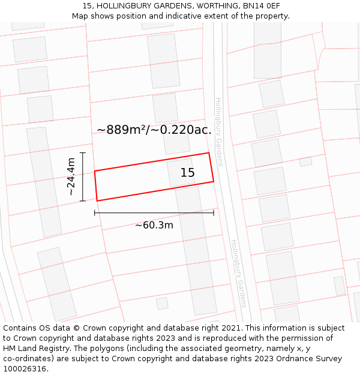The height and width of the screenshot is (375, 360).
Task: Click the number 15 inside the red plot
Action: tap(188, 173)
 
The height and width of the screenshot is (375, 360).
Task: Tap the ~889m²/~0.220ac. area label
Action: tap(154, 130)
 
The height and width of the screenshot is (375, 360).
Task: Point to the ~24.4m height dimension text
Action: tap(71, 176)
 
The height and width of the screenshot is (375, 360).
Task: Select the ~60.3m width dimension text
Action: tap(154, 225)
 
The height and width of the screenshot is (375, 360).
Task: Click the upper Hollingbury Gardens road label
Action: tap(219, 132)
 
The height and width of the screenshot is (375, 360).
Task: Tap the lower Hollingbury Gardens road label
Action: tap(239, 274)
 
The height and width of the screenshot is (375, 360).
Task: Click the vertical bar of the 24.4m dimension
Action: tap(83, 176)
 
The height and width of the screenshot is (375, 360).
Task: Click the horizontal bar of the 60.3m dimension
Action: tap(154, 212)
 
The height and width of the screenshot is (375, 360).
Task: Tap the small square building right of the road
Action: tap(305, 161)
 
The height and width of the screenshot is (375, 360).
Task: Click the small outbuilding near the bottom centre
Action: tap(162, 303)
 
